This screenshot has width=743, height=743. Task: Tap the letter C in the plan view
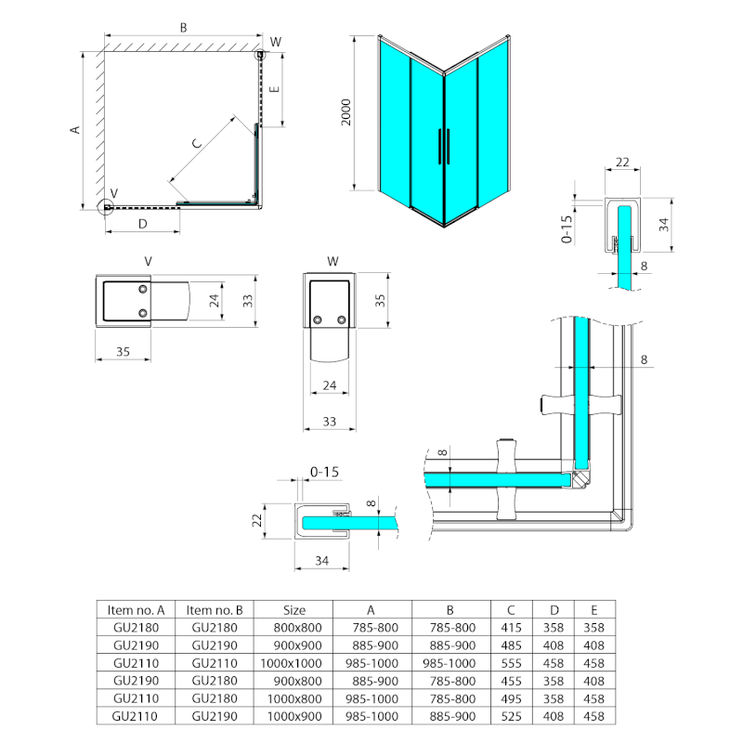(196, 144)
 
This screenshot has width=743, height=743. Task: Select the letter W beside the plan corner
(275, 42)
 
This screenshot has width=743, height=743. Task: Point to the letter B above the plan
(183, 29)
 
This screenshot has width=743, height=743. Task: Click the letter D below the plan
(142, 224)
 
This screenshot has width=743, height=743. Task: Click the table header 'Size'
(293, 610)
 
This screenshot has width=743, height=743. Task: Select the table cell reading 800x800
(293, 628)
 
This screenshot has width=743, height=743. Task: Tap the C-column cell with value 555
(511, 663)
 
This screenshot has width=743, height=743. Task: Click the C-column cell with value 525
(511, 716)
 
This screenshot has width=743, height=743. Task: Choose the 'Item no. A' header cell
(136, 610)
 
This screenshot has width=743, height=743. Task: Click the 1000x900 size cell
(293, 716)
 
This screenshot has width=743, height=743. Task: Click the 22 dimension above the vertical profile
(622, 163)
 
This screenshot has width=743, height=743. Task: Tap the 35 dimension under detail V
(123, 351)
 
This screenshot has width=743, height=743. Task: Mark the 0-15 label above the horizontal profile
(323, 473)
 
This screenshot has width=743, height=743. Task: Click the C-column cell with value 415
(511, 628)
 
